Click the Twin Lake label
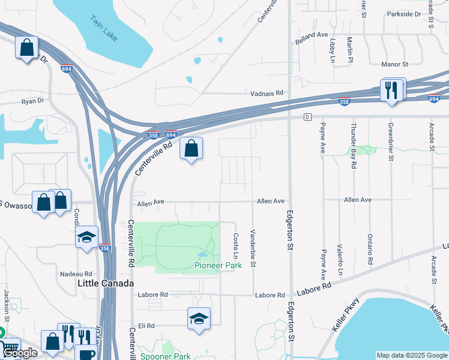click(x=104, y=29)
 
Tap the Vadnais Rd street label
click(x=267, y=94)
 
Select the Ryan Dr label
click(x=33, y=102)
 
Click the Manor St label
click(x=394, y=64)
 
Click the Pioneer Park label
click(x=218, y=265)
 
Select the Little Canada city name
click(x=105, y=283)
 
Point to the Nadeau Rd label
click(x=76, y=274)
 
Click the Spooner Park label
click(x=165, y=356)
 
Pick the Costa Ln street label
click(x=236, y=247)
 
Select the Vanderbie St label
click(x=253, y=248)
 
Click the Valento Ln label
click(x=340, y=263)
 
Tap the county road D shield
click(x=307, y=116)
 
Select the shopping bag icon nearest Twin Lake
click(x=27, y=47)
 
